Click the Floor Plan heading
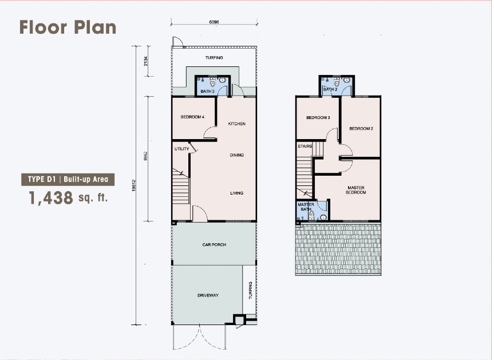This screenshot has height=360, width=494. coord(68,27)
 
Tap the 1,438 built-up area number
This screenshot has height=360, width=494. coord(51,198)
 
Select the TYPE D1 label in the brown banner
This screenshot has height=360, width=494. coord(42,180)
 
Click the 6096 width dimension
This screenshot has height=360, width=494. coord(214,22)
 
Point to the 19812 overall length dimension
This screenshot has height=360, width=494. coord(134,185)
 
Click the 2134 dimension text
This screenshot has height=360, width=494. coord(145,61)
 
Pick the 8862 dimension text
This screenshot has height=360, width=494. coord(145,156)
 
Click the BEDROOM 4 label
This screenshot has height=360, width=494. coord(192,117)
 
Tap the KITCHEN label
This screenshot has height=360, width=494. coord(236,124)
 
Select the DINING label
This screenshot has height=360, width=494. coord(236,155)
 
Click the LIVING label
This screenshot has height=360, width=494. coord(236,193)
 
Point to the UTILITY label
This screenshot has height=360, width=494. coord(182,149)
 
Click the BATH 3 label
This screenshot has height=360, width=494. coord(207,92)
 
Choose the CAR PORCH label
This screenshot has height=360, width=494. coord(214,244)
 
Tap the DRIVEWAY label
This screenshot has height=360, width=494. coord(208,295)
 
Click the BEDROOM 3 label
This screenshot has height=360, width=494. coord(318,117)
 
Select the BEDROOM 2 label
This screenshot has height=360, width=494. coord(361,129)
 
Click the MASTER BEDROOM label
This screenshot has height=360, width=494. coord(356,190)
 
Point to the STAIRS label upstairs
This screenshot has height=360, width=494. coord(305,146)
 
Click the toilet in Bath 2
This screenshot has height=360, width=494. coord(337,82)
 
